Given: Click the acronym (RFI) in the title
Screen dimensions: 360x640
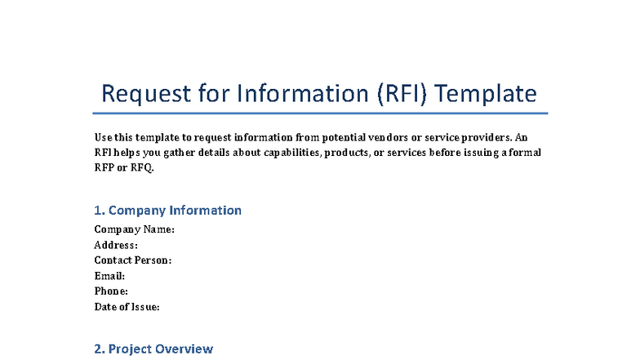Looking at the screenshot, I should click(402, 93).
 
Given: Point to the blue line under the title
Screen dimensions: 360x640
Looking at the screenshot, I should click(320, 113).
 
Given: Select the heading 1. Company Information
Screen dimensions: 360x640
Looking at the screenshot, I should click(168, 210).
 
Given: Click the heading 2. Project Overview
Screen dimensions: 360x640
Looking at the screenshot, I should click(153, 349).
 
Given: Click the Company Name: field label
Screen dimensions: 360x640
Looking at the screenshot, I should click(135, 229).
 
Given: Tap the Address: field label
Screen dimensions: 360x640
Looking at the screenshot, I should click(116, 245).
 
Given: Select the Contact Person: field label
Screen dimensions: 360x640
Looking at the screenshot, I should click(133, 260).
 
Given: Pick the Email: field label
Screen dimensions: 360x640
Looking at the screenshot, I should click(109, 276).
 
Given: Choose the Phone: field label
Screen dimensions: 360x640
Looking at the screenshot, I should click(111, 291).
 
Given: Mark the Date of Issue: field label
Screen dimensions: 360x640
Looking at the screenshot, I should click(127, 307).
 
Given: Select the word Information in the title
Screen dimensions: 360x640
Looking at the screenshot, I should click(303, 93).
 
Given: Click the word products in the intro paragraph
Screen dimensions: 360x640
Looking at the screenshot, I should click(348, 153).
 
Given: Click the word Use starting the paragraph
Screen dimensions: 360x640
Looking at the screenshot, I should click(104, 137).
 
